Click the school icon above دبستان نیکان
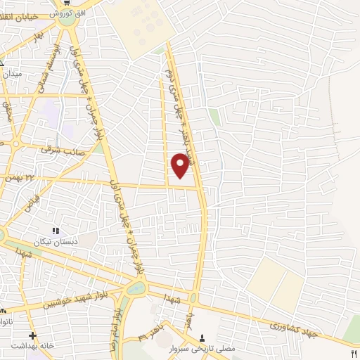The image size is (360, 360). (56, 231)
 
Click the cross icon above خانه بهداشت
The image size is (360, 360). (32, 335)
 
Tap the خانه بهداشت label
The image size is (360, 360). (32, 347)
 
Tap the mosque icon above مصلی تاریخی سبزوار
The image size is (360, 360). (203, 337)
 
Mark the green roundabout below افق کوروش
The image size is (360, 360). (67, 20)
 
